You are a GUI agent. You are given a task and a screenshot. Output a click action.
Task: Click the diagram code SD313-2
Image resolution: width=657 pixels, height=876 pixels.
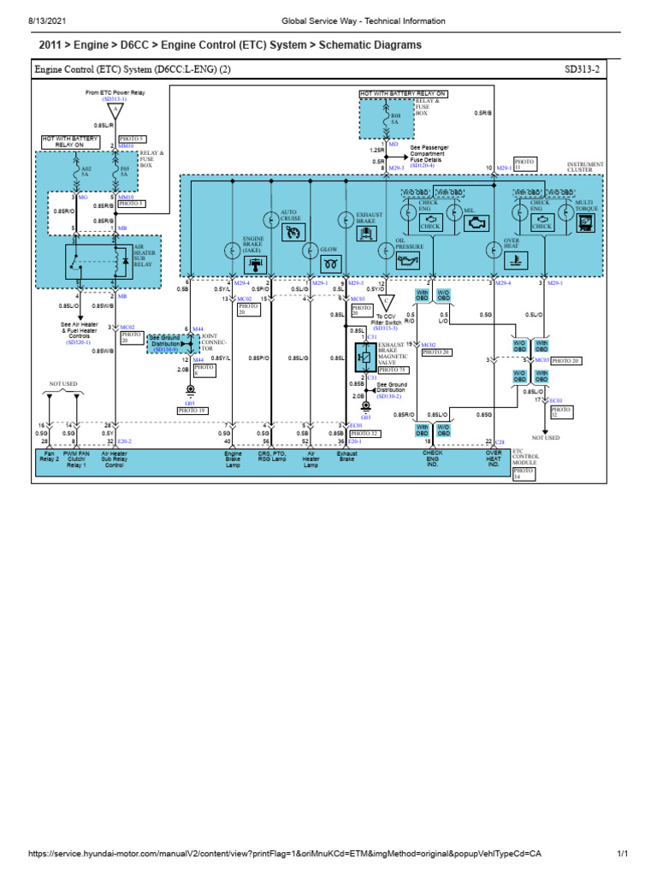[x=583, y=69]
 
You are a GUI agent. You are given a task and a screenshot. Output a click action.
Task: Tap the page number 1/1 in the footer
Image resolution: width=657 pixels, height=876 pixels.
[x=623, y=854]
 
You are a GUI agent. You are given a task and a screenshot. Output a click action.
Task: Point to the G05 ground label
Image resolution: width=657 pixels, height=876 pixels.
[x=189, y=401]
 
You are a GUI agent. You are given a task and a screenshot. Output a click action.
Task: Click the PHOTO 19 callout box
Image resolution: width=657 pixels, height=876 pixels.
[x=192, y=411]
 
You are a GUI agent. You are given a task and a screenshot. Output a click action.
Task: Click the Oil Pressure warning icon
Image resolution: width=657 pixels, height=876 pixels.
[x=410, y=259]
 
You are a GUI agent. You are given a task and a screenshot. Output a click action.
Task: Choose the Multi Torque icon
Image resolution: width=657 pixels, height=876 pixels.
[x=585, y=223]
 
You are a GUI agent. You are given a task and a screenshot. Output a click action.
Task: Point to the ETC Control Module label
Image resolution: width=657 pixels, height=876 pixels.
[x=523, y=459]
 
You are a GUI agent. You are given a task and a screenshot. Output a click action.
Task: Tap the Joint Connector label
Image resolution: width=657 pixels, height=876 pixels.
[x=211, y=342]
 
